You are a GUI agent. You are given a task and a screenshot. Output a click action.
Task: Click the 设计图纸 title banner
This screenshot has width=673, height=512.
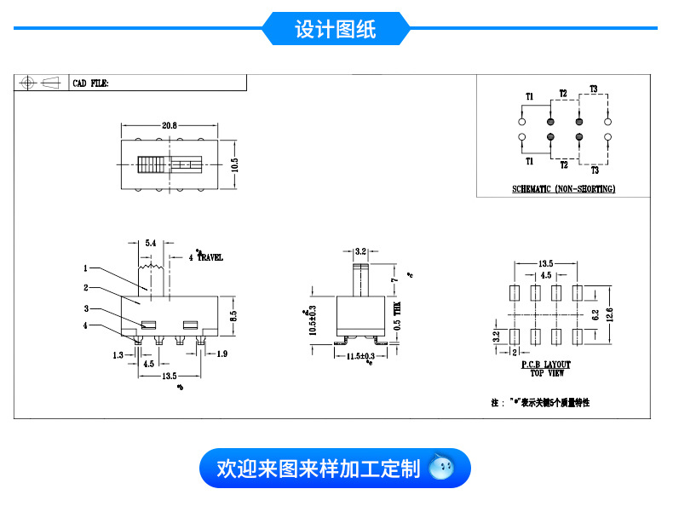[x=336, y=29]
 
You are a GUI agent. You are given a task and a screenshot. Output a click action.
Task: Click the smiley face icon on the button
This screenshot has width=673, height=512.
[x=441, y=468]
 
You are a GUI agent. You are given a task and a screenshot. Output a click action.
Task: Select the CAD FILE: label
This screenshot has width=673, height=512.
[x=91, y=84]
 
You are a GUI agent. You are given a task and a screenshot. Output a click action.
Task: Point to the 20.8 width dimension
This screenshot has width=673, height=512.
[x=169, y=126]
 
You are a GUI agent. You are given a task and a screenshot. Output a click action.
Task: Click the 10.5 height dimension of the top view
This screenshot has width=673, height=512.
[x=234, y=164]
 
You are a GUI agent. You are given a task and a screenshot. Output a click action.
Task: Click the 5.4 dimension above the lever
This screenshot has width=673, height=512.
[x=150, y=244]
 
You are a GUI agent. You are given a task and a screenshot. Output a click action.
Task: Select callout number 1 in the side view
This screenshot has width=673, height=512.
[x=86, y=268]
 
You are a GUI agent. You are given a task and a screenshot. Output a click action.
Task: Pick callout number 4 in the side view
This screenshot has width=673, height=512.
[x=85, y=325]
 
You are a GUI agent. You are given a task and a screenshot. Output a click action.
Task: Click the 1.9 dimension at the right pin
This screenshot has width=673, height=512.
[x=221, y=353]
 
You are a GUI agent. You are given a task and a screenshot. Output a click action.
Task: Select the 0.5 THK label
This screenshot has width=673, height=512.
[x=397, y=319]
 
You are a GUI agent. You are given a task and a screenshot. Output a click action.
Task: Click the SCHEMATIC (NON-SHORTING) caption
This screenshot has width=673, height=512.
[x=563, y=189]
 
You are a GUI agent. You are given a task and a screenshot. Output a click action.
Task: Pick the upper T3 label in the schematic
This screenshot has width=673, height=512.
[x=594, y=89]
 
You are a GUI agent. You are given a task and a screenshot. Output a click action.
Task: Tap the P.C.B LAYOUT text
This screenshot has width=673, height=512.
[x=546, y=365]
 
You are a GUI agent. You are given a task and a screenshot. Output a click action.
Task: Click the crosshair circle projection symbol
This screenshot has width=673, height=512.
[x=27, y=83]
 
